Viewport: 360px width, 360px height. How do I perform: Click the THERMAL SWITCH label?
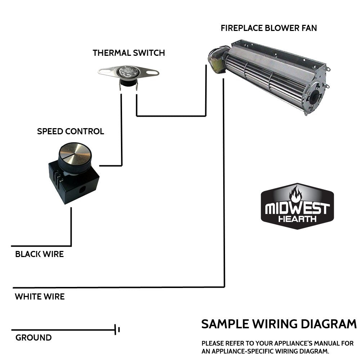(129, 53)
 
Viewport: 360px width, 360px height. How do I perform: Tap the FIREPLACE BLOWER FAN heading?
(269, 28)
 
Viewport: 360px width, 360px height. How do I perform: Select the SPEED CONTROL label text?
(71, 131)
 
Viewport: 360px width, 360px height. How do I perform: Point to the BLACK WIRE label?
(39, 254)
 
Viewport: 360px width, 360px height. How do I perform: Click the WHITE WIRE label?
(40, 297)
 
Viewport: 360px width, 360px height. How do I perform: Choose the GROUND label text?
(33, 338)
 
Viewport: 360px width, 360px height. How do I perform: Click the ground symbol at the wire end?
(117, 329)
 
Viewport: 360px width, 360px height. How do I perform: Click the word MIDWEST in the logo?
(297, 208)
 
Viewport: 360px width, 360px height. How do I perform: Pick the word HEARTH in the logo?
(297, 219)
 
